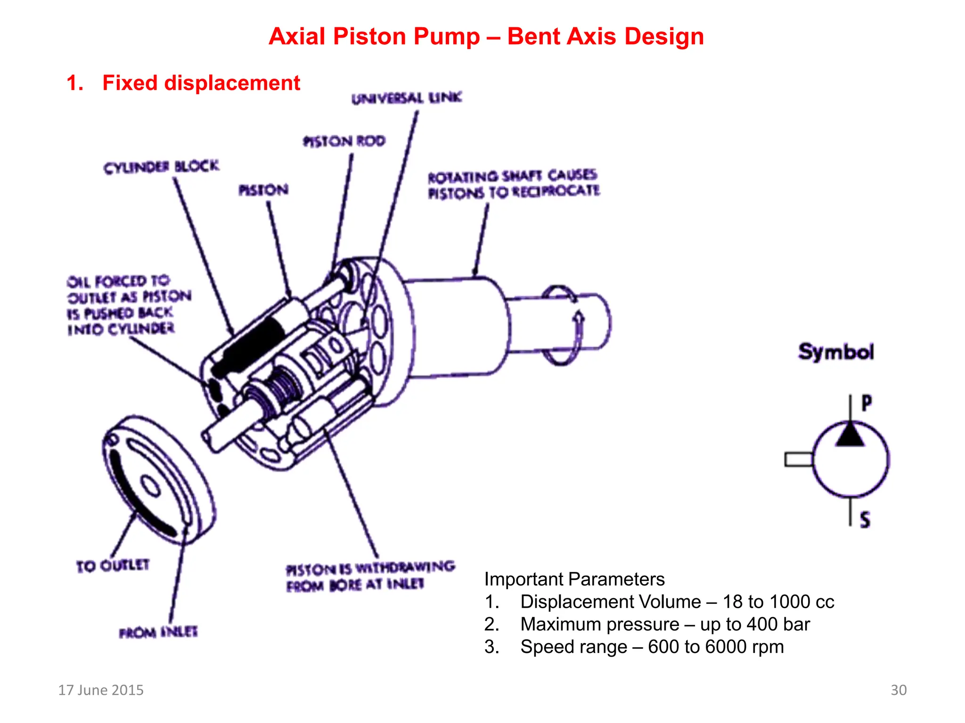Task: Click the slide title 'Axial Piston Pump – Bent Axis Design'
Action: coord(486,37)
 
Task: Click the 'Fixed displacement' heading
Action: coord(201,83)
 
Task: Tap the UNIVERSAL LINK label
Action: coord(407,98)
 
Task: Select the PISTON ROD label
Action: coord(344,141)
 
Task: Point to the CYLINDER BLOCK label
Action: coord(161,167)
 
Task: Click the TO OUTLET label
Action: coord(113,565)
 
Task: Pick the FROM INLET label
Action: coord(158,632)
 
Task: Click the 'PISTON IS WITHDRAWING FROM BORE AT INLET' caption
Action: coord(370,577)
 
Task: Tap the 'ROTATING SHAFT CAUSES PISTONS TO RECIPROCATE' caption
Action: coord(514,184)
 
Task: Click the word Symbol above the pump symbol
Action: coord(836,352)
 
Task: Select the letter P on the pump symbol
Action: coord(867,403)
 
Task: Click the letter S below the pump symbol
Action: coord(865,520)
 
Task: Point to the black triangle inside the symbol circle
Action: coord(850,436)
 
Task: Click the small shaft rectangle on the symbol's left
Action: coord(798,459)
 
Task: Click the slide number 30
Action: coord(898,690)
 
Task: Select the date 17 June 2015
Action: coord(101,690)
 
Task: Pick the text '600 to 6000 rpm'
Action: coord(716,647)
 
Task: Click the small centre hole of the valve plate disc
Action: coord(151,486)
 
